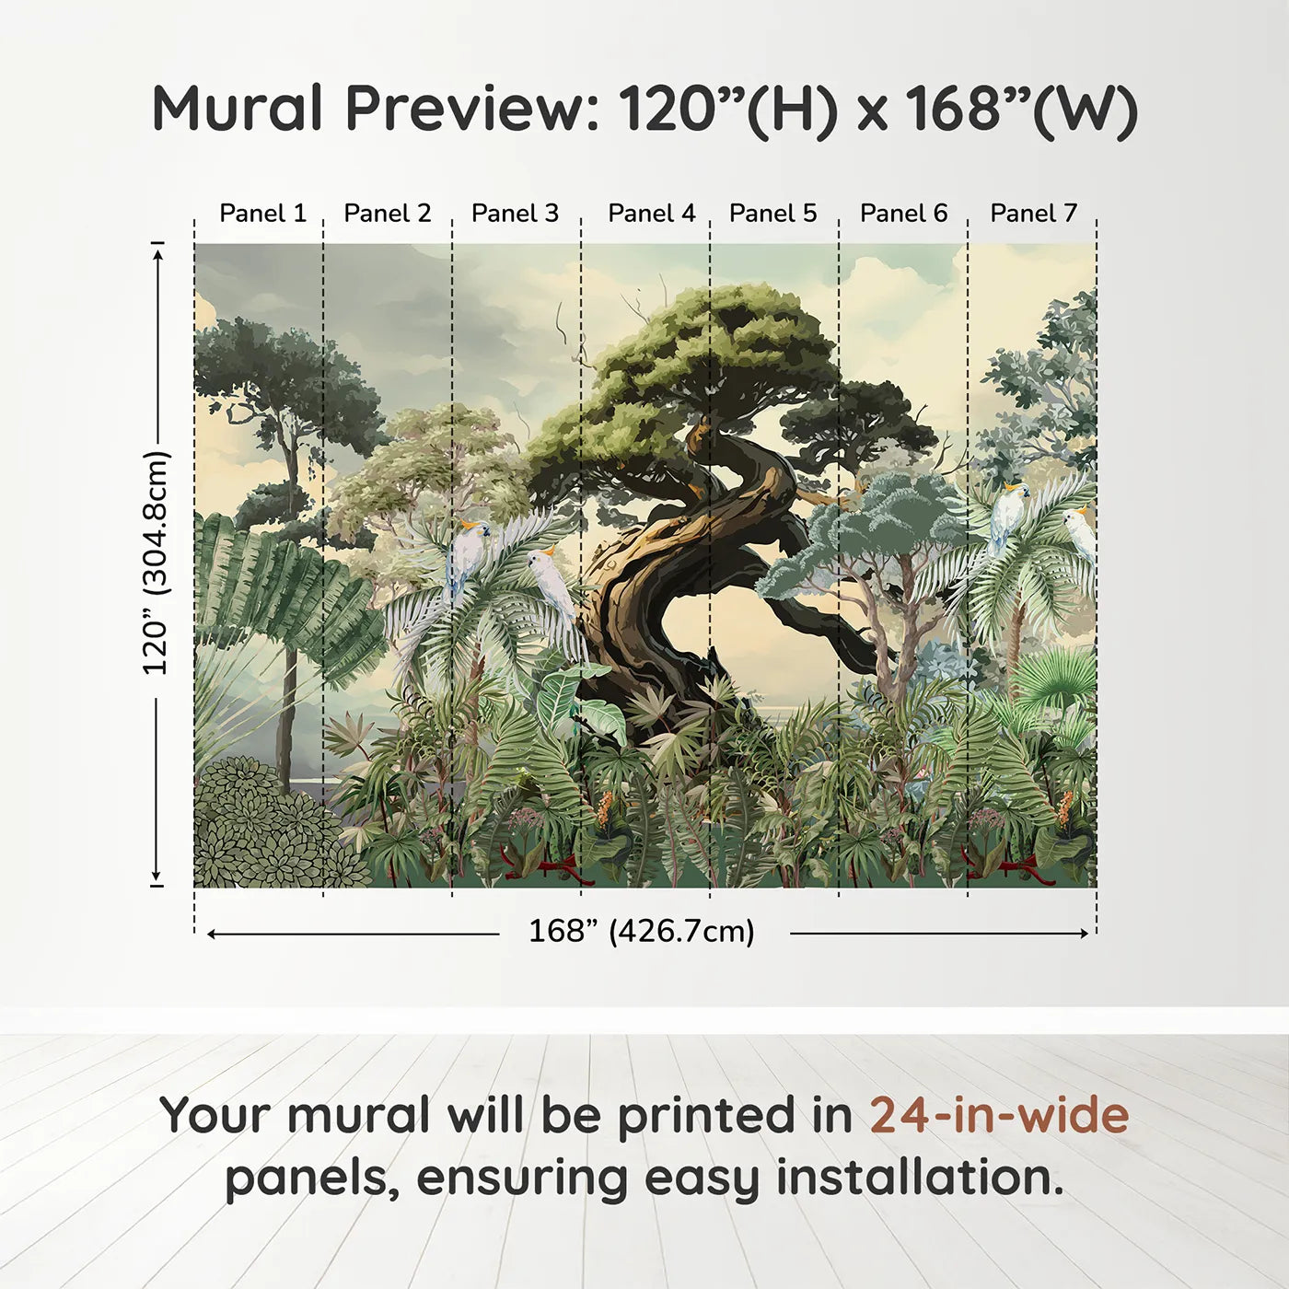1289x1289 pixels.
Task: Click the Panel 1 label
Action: point(262,213)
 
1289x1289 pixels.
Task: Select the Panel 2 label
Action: point(388,213)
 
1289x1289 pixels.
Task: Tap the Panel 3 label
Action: point(515,213)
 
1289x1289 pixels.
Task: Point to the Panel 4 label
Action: point(652,213)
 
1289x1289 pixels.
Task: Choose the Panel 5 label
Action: point(772,213)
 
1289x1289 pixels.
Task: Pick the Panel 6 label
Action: point(904,213)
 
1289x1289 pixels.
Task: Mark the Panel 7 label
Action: point(1033,213)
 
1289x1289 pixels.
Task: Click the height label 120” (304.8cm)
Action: point(157,563)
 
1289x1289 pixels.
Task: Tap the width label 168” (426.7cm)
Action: point(642,931)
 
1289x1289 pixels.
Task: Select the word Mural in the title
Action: point(238,108)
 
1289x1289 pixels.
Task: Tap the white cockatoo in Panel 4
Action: point(552,581)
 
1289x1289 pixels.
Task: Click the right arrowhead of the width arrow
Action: point(1083,934)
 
